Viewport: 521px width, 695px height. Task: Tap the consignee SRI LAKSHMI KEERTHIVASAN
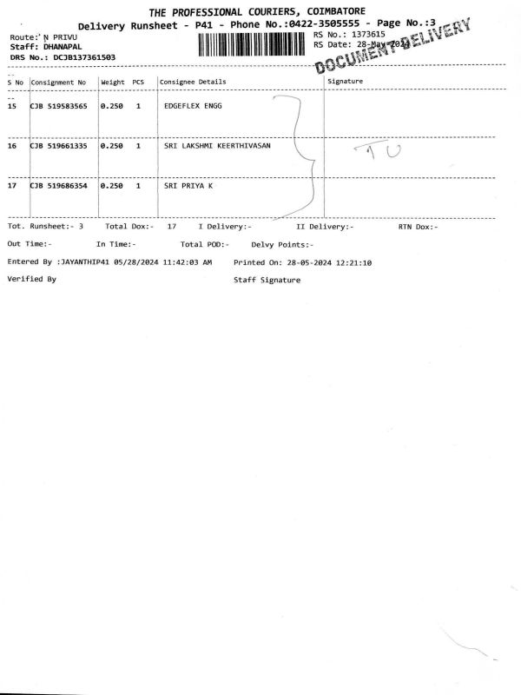point(217,146)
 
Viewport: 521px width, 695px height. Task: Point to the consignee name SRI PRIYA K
point(188,186)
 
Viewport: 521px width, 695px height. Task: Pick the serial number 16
point(12,146)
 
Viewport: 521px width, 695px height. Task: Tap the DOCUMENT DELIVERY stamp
point(396,49)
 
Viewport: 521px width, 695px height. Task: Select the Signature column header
point(345,82)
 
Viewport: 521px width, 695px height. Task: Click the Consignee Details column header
point(193,82)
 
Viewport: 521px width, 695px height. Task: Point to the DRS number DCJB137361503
point(83,56)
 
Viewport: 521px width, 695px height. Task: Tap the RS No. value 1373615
point(366,34)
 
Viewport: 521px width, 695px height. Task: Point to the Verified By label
point(31,279)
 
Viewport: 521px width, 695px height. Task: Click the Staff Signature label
point(267,280)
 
